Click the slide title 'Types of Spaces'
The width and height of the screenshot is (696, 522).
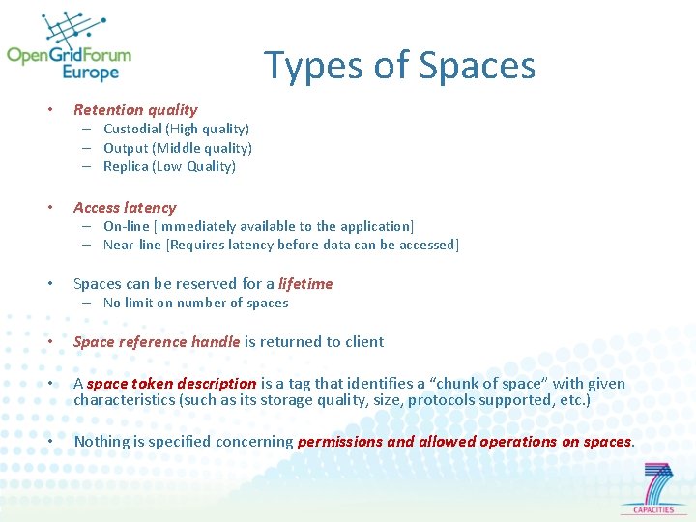[x=399, y=66]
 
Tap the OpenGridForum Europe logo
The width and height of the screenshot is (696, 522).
[x=69, y=49]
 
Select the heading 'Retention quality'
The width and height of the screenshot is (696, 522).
[x=135, y=110]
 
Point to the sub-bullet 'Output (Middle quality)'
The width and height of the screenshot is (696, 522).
[x=178, y=148]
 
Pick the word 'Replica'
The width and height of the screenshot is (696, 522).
[x=126, y=166]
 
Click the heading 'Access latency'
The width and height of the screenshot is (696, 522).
[x=125, y=207]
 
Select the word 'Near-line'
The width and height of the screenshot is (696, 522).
[x=133, y=245]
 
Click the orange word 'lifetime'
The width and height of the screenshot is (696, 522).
[x=305, y=284]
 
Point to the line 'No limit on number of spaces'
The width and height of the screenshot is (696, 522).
[x=195, y=303]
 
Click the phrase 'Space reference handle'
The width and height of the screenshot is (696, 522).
[x=157, y=342]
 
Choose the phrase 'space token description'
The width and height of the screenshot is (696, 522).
[x=171, y=384]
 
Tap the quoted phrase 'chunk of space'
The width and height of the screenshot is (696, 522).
[x=491, y=384]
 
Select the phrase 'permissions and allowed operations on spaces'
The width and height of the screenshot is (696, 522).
[x=465, y=442]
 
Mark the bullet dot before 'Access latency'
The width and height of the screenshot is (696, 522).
[x=50, y=207]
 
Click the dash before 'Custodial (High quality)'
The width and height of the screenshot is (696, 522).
[x=86, y=129]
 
